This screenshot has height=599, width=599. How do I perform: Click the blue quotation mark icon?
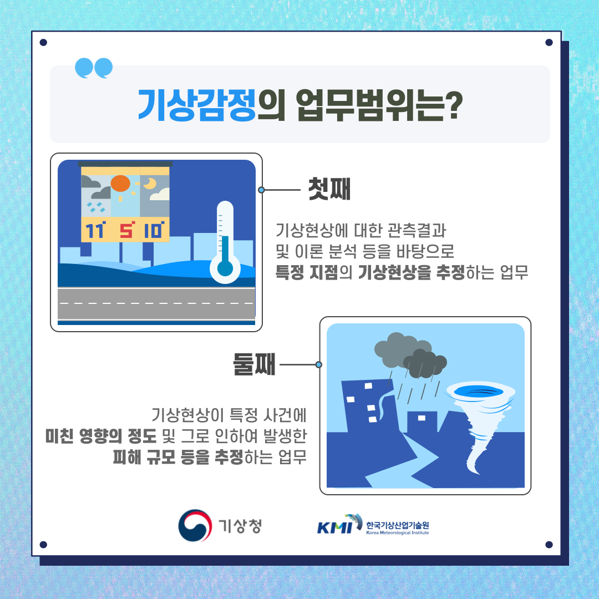pos(94,68)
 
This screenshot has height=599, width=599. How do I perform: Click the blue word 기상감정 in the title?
pos(196,105)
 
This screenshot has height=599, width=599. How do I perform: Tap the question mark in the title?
pos(454,105)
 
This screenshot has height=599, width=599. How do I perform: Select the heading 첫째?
pos(329,189)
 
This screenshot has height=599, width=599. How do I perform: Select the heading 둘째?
pos(254,364)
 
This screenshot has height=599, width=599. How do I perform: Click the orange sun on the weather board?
pos(120,184)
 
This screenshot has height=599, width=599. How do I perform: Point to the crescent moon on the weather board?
pos(150,184)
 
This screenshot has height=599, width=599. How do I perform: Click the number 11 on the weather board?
pos(95,230)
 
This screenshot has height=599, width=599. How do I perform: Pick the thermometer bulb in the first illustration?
pos(225,268)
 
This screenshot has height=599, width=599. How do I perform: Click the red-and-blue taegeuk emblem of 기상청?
pos(195,525)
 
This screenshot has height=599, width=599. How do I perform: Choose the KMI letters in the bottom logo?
pos(334,528)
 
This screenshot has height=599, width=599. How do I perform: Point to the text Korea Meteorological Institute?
pos(397,532)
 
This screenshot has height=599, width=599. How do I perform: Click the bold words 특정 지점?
pos(307,272)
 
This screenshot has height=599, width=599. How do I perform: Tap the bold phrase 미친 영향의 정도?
pos(101,436)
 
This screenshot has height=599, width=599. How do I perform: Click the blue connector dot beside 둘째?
pos(318,365)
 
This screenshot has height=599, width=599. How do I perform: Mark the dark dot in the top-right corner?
pos(549,42)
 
